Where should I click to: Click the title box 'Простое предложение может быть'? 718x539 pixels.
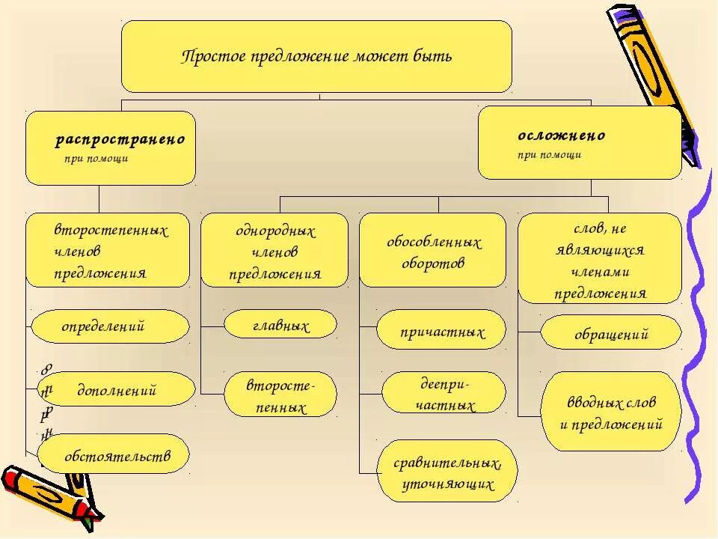click(316, 57)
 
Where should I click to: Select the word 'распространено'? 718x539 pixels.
click(120, 140)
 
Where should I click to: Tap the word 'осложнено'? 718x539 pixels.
click(561, 135)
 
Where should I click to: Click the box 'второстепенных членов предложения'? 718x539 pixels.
click(108, 251)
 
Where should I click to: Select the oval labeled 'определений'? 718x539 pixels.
click(110, 326)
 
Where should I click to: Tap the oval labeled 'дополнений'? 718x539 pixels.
click(115, 390)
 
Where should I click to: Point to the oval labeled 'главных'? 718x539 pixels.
click(280, 324)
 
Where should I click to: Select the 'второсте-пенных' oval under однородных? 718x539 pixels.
click(280, 395)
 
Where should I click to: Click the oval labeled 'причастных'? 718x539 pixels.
click(441, 331)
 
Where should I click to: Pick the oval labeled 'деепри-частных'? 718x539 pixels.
click(443, 393)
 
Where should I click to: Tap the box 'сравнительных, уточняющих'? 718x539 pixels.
click(447, 472)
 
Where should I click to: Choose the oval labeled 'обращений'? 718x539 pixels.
click(610, 333)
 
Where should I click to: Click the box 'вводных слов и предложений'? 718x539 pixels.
click(611, 412)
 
